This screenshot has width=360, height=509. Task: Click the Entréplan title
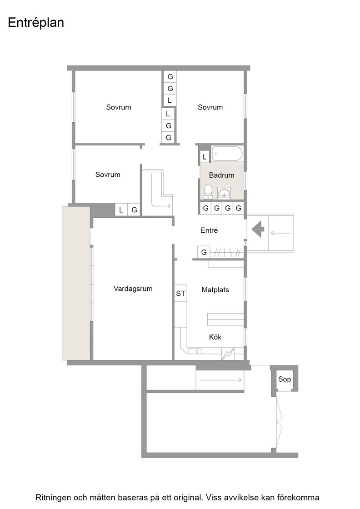click(36, 23)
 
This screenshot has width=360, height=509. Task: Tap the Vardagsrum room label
click(133, 289)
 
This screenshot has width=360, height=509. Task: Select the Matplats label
click(215, 289)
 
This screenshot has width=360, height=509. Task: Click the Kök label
click(215, 337)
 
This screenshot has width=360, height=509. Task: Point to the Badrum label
click(221, 175)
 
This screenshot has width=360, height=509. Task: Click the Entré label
click(209, 230)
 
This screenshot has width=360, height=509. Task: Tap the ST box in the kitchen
click(180, 294)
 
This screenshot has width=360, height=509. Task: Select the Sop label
click(285, 379)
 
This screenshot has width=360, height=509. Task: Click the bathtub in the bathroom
click(227, 154)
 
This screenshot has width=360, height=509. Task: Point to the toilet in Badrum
click(208, 191)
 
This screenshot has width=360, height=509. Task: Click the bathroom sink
click(224, 193)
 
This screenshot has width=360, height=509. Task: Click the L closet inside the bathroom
click(204, 157)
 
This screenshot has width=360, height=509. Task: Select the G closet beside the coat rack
click(204, 252)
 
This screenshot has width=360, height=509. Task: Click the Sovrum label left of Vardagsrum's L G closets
click(108, 175)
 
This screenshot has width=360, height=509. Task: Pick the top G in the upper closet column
click(170, 77)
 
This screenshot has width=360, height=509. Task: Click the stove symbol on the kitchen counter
click(228, 354)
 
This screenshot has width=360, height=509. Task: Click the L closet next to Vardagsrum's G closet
click(121, 210)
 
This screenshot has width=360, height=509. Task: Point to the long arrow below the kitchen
click(221, 380)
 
